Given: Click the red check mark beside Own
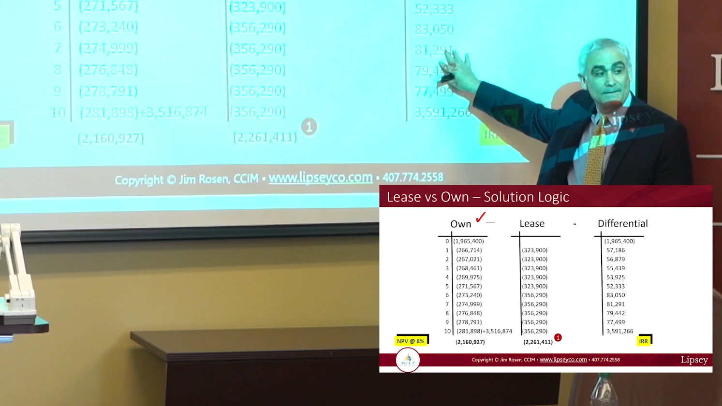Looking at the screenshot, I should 480,217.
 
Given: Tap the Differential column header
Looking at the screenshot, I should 622,224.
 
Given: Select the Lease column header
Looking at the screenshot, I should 531,224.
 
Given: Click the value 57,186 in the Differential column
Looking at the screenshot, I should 616,250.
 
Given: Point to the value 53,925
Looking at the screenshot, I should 616,277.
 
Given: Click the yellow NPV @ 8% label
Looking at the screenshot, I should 411,341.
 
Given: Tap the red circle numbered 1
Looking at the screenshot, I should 558,338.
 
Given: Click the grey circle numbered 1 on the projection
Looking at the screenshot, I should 309,127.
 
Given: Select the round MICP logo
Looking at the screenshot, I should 408,360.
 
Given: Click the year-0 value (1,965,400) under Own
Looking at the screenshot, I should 468,241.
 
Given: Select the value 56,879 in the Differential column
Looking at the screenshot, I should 616,260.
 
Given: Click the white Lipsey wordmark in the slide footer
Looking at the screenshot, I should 694,360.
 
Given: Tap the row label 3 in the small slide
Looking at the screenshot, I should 447,268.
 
